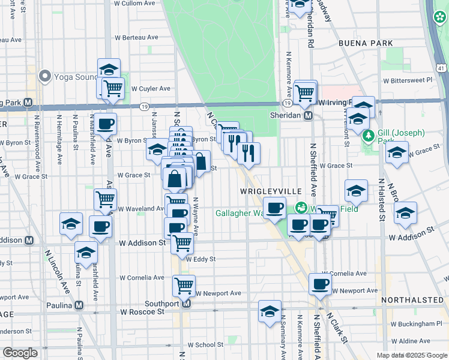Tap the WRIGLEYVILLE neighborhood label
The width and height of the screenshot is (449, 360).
tap(270, 191)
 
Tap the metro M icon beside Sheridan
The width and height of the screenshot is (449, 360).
tap(308, 115)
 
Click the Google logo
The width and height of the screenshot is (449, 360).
tap(20, 353)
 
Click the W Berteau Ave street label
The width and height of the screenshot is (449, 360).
tap(136, 37)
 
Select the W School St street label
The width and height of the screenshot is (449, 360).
tap(205, 345)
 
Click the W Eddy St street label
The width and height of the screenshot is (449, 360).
tap(200, 260)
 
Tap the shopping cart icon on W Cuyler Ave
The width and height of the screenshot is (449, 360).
tap(113, 89)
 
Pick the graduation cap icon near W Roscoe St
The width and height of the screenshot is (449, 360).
tap(270, 311)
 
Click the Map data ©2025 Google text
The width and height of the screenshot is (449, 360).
tap(411, 355)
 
